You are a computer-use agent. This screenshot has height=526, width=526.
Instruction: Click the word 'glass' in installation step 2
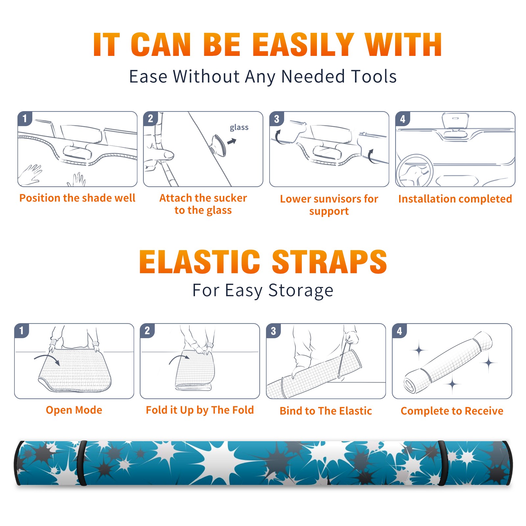tap(239, 128)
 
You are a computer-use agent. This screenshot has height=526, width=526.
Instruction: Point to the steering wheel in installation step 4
tap(415, 171)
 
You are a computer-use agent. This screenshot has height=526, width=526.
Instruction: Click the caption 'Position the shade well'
tap(77, 198)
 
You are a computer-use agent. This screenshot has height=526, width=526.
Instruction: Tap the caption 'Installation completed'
tap(455, 199)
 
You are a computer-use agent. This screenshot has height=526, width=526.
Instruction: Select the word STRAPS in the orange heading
tap(329, 262)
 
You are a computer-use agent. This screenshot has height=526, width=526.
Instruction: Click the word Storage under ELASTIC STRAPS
tap(301, 291)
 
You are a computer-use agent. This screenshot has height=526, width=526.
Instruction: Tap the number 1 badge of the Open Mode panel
tap(22, 331)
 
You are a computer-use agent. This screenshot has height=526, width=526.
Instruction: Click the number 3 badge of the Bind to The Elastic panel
tap(274, 331)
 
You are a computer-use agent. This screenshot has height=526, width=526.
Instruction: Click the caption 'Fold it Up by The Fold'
tap(200, 410)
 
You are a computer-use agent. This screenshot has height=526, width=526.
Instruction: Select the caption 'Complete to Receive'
tap(452, 411)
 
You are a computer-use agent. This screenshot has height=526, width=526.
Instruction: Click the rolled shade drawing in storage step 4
tap(448, 363)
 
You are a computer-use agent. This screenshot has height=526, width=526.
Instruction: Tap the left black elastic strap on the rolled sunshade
tap(82, 463)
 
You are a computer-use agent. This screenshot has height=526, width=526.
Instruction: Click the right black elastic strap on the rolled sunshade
tap(442, 463)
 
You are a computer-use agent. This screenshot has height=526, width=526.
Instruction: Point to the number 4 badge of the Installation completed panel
tap(403, 119)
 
